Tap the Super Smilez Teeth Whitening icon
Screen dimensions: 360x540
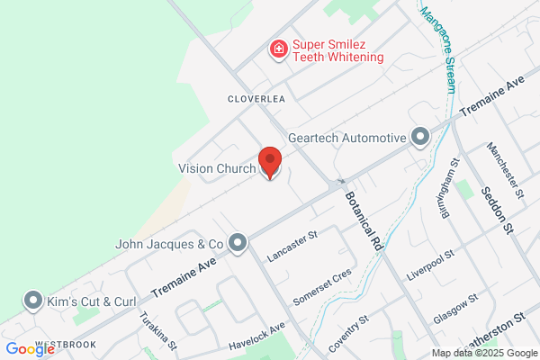point(280,49)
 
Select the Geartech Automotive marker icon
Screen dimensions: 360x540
point(419,138)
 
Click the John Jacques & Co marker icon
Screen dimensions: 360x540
point(238,243)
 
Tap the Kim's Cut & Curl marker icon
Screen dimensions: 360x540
point(34,300)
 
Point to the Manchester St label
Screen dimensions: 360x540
point(504,169)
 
